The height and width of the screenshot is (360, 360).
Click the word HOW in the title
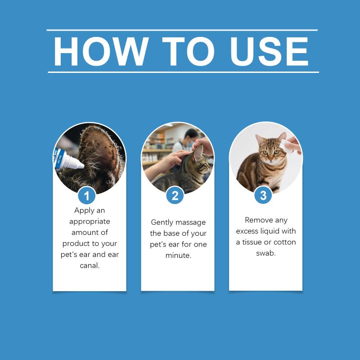(101, 51)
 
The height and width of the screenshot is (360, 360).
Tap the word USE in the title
(269, 51)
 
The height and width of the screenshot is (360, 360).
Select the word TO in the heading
(188, 51)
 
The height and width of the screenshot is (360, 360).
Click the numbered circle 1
(86, 196)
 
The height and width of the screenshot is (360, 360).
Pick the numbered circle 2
(175, 195)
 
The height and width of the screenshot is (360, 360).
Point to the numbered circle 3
(263, 195)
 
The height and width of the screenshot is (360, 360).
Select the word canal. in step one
(90, 265)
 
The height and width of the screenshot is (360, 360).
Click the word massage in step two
(190, 223)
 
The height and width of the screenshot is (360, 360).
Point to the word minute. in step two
(178, 255)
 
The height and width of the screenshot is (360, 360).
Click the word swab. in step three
(266, 253)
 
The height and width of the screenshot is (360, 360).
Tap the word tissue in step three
(252, 242)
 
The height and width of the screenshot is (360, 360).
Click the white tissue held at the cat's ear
(286, 147)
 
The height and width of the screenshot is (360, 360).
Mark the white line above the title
(182, 30)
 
